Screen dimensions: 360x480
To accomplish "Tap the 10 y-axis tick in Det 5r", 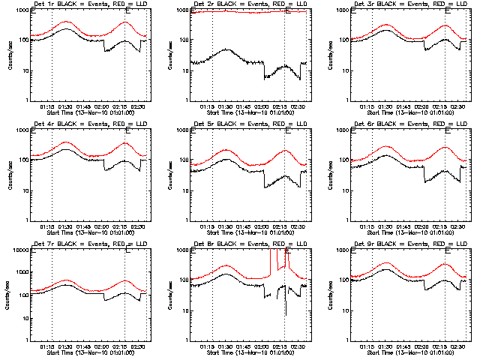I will click(x=184, y=190).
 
